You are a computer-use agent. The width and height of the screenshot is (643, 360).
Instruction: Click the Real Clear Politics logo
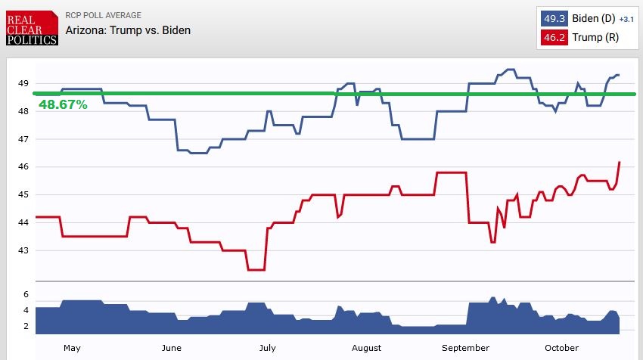(x=31, y=28)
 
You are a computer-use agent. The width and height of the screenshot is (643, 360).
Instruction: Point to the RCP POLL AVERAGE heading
(x=103, y=15)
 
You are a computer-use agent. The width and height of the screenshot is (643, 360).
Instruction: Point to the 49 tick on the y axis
(x=23, y=83)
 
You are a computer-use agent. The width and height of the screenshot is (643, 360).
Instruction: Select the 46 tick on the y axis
(x=23, y=166)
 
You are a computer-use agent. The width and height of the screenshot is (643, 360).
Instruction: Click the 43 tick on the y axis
(x=23, y=250)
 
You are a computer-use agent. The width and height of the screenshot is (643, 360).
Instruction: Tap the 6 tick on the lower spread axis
(x=26, y=293)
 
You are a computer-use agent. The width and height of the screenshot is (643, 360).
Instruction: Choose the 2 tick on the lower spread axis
(x=26, y=326)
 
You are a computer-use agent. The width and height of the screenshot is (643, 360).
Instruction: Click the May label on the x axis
(x=72, y=348)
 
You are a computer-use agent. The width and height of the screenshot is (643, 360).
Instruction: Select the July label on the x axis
(x=267, y=348)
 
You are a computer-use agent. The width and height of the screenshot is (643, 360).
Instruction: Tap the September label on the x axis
(x=465, y=348)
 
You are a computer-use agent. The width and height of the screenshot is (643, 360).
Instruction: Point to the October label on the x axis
(x=562, y=348)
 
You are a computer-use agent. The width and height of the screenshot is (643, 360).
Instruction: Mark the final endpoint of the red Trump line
(x=620, y=162)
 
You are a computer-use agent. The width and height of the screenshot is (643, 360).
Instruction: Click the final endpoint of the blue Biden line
(x=620, y=75)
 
